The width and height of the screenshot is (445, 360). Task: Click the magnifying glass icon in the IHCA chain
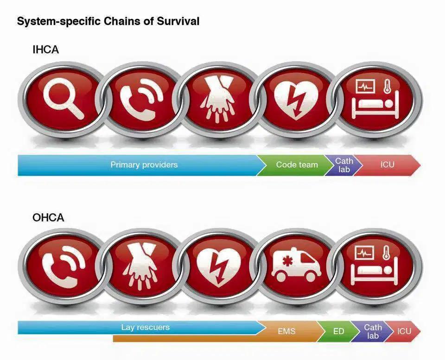(64, 98)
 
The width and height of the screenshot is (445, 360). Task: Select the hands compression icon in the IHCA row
(217, 99)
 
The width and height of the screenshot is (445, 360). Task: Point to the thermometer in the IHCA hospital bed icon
(387, 87)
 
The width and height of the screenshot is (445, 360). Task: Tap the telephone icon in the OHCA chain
(64, 266)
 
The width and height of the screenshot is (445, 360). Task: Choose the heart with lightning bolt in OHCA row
(218, 267)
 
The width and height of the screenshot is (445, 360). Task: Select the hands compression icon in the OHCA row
(140, 266)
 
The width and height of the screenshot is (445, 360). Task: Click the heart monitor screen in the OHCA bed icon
(365, 253)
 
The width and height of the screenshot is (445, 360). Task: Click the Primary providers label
(144, 164)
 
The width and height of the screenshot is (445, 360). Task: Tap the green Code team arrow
(295, 165)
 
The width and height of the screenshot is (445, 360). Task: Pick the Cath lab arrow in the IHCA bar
(343, 165)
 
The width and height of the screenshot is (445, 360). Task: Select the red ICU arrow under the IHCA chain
(387, 165)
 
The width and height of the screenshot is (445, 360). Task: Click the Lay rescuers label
(145, 327)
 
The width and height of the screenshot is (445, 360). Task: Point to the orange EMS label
(286, 331)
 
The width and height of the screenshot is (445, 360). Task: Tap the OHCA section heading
(48, 218)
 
